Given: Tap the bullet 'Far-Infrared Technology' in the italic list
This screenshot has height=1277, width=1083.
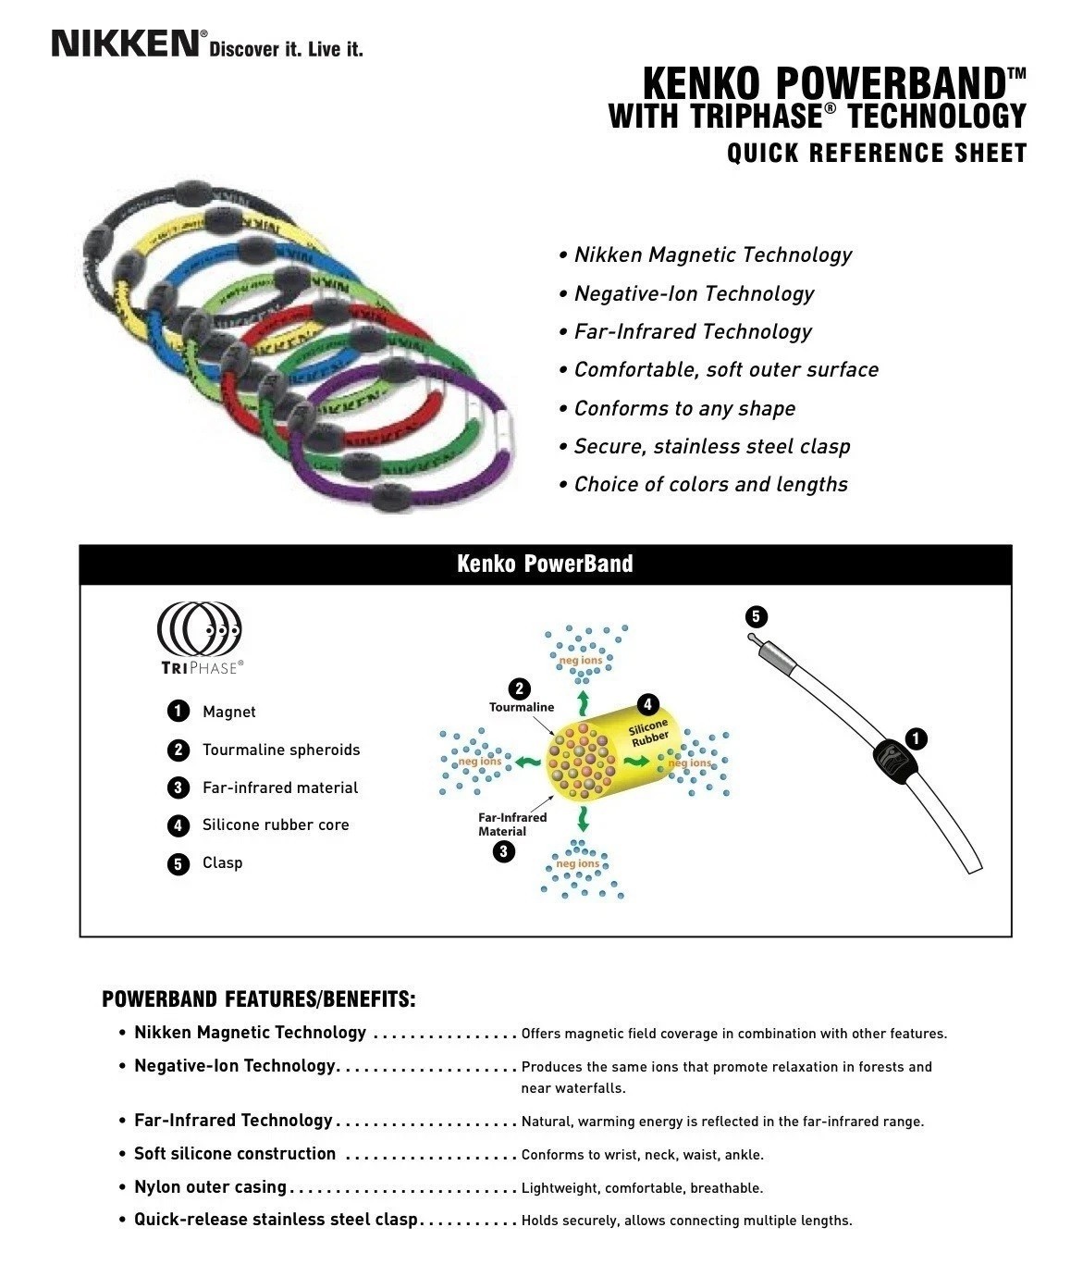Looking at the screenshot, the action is click(x=693, y=331).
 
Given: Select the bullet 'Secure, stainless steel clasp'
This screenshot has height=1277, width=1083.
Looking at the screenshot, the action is click(x=711, y=446).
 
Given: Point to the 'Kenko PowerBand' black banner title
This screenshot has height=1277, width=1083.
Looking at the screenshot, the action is click(x=545, y=564).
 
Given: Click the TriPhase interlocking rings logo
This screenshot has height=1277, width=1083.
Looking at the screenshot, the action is click(x=200, y=628).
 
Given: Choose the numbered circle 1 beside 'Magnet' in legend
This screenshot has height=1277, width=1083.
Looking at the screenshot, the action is click(x=178, y=712).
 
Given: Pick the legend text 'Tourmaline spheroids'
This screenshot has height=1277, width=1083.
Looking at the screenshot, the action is click(x=281, y=750).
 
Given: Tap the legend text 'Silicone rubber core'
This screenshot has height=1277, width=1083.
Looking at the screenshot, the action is click(x=276, y=824).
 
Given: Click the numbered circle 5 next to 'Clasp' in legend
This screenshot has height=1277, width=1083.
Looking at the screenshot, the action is click(x=178, y=863).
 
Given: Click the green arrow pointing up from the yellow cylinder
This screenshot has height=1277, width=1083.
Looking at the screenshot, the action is click(x=583, y=698).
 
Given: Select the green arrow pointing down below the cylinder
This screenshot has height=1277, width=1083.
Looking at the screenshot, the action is click(x=583, y=818).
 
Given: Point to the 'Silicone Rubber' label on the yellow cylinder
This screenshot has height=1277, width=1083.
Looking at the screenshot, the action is click(x=649, y=733).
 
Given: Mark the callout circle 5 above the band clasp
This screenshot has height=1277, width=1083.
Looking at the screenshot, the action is click(x=756, y=616).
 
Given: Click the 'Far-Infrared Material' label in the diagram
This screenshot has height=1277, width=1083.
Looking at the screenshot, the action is click(x=512, y=824).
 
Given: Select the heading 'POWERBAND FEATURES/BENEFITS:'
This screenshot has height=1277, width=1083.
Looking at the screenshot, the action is click(x=259, y=999).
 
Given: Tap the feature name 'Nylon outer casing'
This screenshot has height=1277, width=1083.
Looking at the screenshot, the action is click(x=210, y=1187).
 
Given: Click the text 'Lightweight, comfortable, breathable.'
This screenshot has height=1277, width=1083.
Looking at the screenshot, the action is click(x=642, y=1188).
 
